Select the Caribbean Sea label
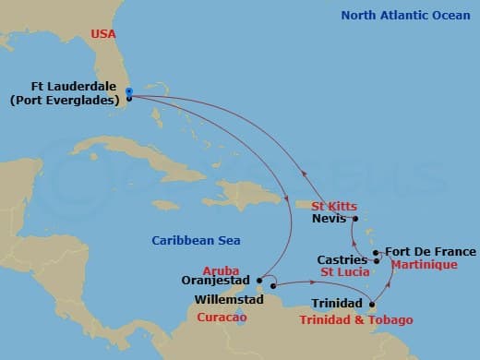coord(196,241)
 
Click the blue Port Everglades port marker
coord(129,91)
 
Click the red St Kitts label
coord(333,206)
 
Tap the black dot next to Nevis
coord(354,220)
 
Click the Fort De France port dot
coord(376,252)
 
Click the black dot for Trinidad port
coord(371,304)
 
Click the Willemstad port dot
coord(273,299)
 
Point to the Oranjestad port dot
coord(261,279)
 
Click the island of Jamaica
coord(166,205)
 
